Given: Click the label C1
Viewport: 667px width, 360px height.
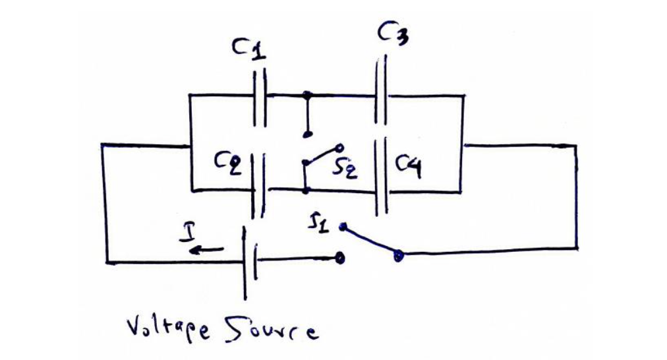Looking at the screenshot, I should point(248,49).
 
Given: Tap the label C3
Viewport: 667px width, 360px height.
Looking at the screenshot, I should point(393,33).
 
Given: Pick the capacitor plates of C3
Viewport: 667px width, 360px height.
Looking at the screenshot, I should point(381,92).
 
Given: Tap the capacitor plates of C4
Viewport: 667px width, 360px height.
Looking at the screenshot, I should point(381,178).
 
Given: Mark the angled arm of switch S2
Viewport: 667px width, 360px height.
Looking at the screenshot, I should point(321,155).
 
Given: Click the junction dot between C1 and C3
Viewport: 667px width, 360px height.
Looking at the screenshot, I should point(306,95).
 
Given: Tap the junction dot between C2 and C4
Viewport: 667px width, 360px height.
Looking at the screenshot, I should point(306,191).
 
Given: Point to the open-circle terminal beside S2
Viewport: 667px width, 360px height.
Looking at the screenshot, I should point(339,148).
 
